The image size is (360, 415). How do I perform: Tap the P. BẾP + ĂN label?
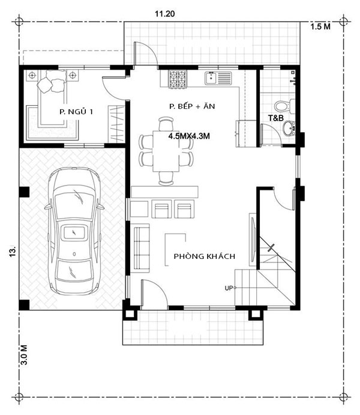click(x=193, y=106)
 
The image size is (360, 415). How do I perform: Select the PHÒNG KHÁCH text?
click(x=204, y=256)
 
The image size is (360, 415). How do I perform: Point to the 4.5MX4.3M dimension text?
click(x=192, y=136)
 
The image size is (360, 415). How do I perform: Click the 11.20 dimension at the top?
click(x=164, y=14)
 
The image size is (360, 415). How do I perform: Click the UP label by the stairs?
click(x=229, y=288)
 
